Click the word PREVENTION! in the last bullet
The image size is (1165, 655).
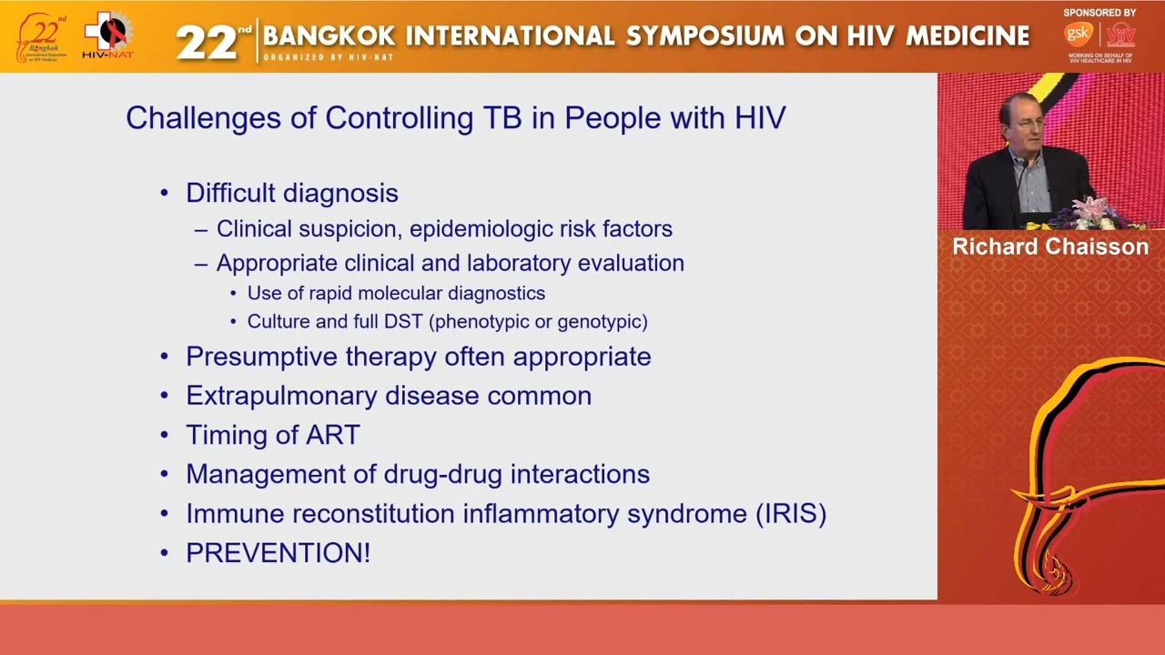(x=278, y=553)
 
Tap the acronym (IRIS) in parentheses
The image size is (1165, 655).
(x=790, y=514)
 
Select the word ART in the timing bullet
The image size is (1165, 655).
(x=334, y=435)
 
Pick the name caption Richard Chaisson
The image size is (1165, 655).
(x=1050, y=247)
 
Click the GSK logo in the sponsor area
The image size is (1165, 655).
(x=1078, y=35)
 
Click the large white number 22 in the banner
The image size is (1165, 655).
(x=206, y=41)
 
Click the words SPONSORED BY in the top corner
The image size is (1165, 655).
(x=1099, y=13)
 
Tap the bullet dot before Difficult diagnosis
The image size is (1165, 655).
(x=165, y=193)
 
